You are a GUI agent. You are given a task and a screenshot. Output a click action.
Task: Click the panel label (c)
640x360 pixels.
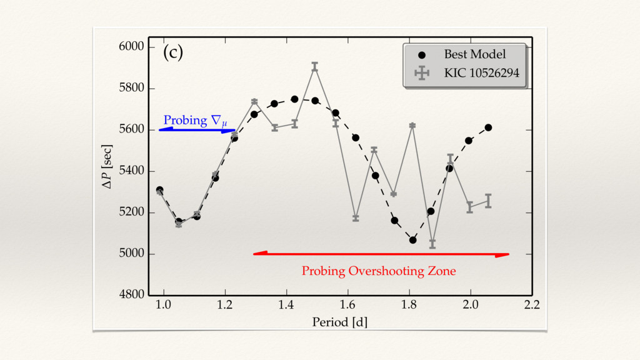coord(173,53)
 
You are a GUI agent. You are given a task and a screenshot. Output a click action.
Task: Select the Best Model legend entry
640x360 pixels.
coord(474,54)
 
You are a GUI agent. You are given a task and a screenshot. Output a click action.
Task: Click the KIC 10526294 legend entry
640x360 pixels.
coord(481,73)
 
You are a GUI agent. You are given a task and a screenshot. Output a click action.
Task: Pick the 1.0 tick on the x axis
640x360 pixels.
coord(163,305)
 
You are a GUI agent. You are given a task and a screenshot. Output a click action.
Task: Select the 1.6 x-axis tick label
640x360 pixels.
coord(347,305)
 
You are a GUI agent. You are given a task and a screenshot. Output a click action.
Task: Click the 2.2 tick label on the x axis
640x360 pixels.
coord(532,305)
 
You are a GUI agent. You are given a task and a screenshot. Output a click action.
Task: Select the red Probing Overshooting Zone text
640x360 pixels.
coord(379,271)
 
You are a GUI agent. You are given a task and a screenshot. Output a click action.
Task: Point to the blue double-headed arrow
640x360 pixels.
coord(197,130)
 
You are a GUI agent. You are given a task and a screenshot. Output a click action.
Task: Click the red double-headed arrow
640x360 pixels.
coord(381,254)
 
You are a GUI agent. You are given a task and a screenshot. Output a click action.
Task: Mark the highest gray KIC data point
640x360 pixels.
coord(315,67)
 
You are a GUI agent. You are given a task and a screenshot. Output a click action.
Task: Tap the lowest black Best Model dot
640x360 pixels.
coord(412,240)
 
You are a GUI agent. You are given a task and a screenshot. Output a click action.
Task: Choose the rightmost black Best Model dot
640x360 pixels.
coord(488,127)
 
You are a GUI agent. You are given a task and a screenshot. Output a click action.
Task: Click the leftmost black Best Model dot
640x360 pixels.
coord(160,190)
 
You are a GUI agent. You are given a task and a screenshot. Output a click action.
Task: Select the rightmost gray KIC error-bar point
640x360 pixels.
coord(488,201)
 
